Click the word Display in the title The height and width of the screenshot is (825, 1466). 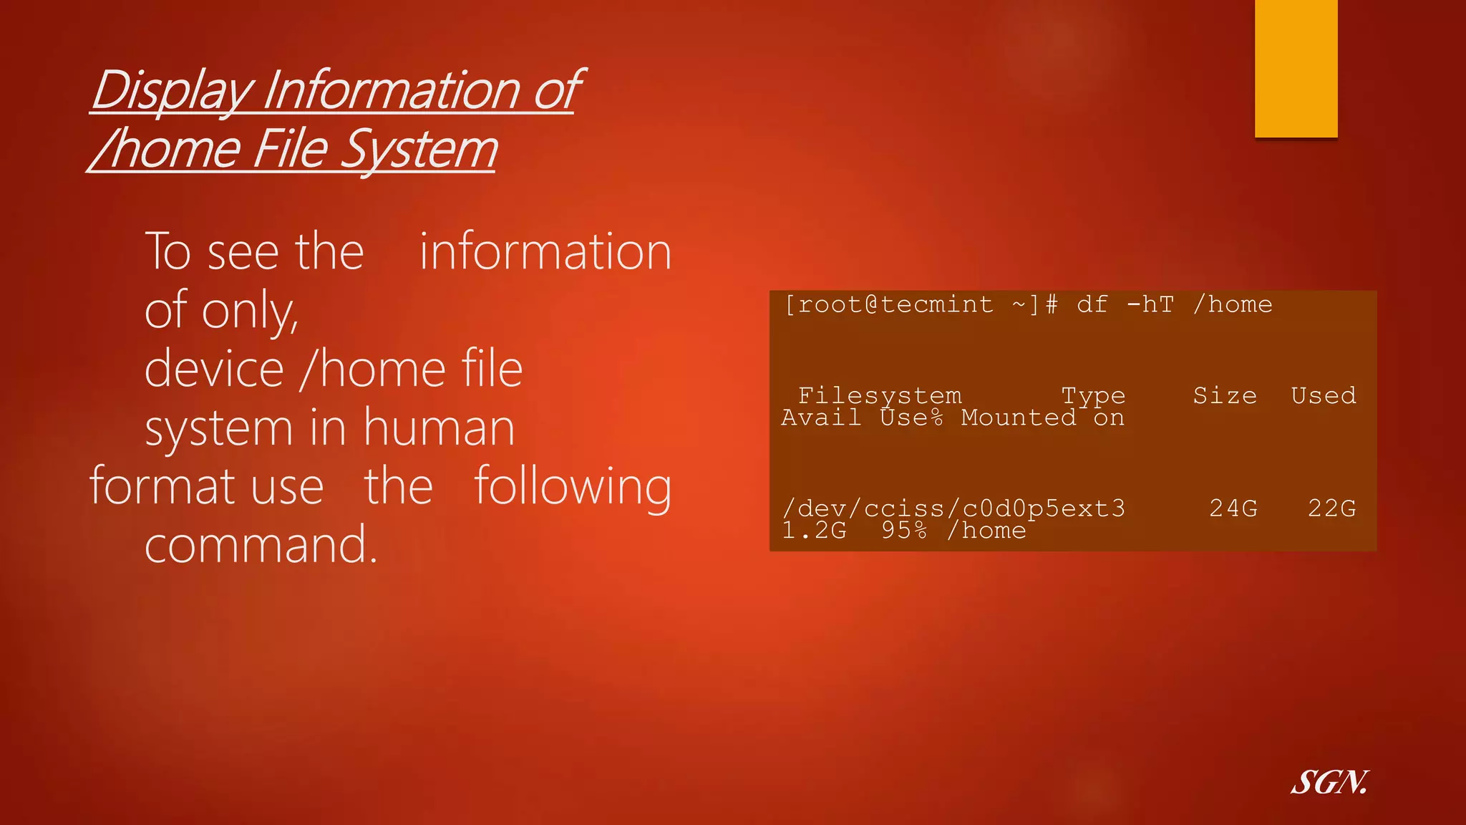[x=172, y=91]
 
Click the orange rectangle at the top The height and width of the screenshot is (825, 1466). [x=1296, y=68]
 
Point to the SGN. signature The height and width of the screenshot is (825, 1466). [x=1329, y=782]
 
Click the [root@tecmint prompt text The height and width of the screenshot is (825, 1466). [x=888, y=304]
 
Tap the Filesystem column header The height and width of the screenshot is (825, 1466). [x=880, y=395]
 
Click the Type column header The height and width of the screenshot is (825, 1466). [x=1093, y=395]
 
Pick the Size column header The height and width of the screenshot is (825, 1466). [x=1225, y=395]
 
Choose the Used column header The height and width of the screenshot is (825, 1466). [x=1324, y=395]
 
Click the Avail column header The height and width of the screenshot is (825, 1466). [x=821, y=418]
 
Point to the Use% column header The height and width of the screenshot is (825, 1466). [x=911, y=418]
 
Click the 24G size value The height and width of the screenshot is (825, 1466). [x=1233, y=508]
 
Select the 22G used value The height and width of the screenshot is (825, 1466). [x=1331, y=508]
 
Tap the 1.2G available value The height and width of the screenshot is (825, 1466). [x=814, y=531]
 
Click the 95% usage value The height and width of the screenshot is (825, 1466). [x=904, y=531]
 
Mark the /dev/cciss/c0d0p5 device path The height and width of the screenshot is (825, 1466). [x=913, y=508]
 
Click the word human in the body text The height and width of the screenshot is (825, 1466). [x=439, y=428]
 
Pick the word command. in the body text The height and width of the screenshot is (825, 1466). [x=261, y=545]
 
